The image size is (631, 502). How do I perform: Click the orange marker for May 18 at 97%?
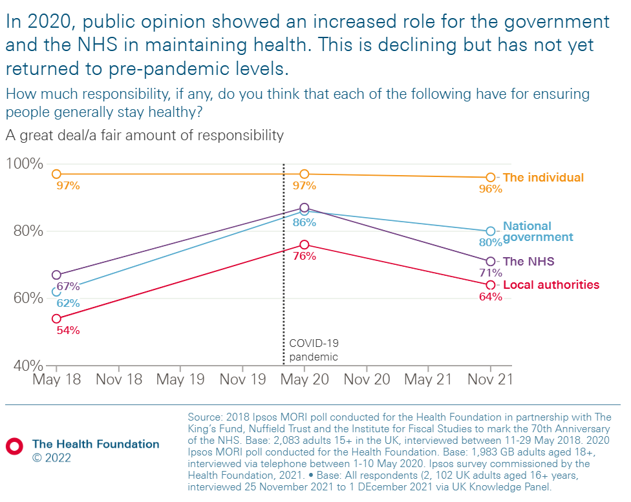point(56,174)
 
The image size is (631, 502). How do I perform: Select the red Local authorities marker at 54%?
point(56,319)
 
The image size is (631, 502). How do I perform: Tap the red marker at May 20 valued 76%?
point(305,244)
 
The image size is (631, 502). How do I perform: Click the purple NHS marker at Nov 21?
point(490,262)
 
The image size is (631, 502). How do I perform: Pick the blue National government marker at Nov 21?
point(490,231)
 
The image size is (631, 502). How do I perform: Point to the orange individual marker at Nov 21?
point(490,177)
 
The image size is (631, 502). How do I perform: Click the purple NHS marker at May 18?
point(56,275)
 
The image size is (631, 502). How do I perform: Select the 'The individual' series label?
point(543,178)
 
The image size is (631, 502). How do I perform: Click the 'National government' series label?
point(537,231)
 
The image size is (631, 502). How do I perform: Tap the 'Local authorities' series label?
point(551,285)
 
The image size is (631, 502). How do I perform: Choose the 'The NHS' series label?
point(528,262)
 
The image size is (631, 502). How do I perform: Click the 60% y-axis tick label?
point(28,298)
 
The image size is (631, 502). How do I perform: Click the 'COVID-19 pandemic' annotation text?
point(314,350)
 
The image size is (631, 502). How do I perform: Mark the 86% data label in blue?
point(305,222)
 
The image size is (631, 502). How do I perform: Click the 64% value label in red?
point(491,297)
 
